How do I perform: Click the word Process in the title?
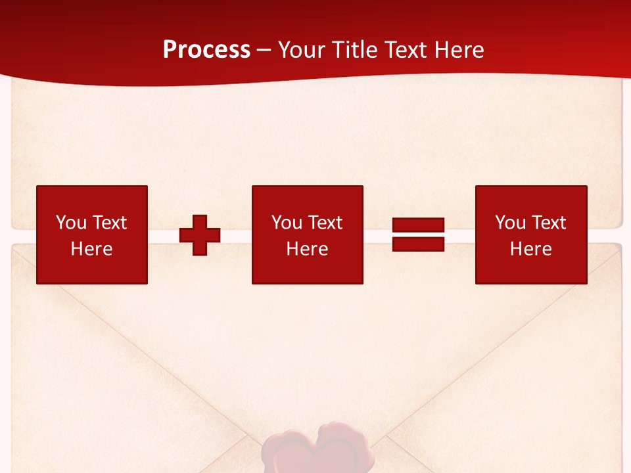206,50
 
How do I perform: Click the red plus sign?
200,235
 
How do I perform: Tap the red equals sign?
418,235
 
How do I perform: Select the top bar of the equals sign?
418,225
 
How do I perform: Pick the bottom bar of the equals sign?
418,244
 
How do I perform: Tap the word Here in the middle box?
307,249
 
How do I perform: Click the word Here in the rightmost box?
530,249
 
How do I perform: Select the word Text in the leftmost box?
109,223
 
